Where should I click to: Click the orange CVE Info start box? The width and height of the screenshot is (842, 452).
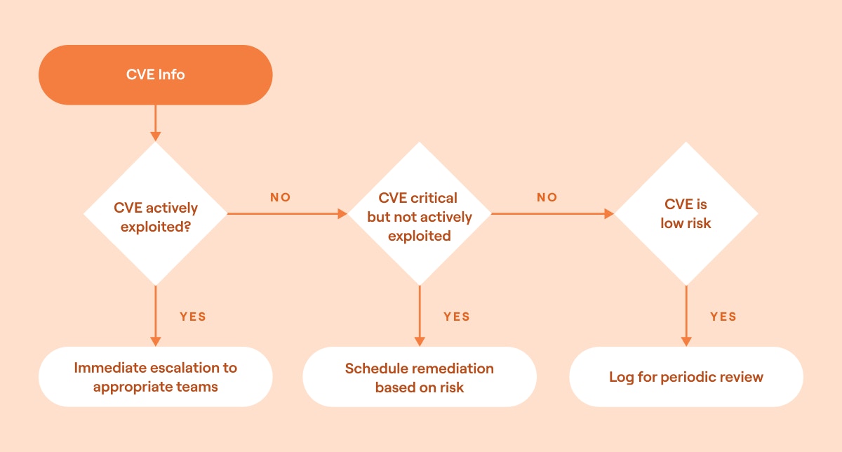[155, 74]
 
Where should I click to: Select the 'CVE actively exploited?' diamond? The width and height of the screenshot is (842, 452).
[155, 214]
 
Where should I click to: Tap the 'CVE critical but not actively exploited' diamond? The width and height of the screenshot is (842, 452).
[420, 214]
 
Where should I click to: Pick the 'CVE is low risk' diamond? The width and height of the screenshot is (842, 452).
[686, 214]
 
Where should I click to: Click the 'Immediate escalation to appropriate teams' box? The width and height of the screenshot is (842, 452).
[155, 377]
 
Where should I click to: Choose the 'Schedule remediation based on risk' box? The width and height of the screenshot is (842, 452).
[420, 377]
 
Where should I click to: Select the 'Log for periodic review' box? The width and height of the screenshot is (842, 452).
[686, 377]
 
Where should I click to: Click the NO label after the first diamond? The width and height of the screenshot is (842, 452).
[281, 198]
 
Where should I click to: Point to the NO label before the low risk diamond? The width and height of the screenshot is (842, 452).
[547, 198]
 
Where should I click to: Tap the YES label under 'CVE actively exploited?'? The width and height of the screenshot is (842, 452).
[193, 317]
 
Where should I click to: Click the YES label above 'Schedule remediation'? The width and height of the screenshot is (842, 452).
[457, 317]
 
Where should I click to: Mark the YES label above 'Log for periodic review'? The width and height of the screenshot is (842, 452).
[723, 317]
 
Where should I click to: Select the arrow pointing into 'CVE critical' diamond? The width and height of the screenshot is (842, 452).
[288, 214]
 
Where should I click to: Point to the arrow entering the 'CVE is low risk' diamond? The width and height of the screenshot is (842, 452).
[553, 214]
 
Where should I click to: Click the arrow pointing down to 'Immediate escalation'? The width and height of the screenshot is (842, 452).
[155, 316]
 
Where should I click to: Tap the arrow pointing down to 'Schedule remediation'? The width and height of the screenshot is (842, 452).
[420, 316]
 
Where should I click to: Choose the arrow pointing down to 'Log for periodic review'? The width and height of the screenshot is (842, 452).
[686, 316]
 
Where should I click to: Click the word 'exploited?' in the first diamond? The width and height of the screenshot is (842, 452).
[155, 226]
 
